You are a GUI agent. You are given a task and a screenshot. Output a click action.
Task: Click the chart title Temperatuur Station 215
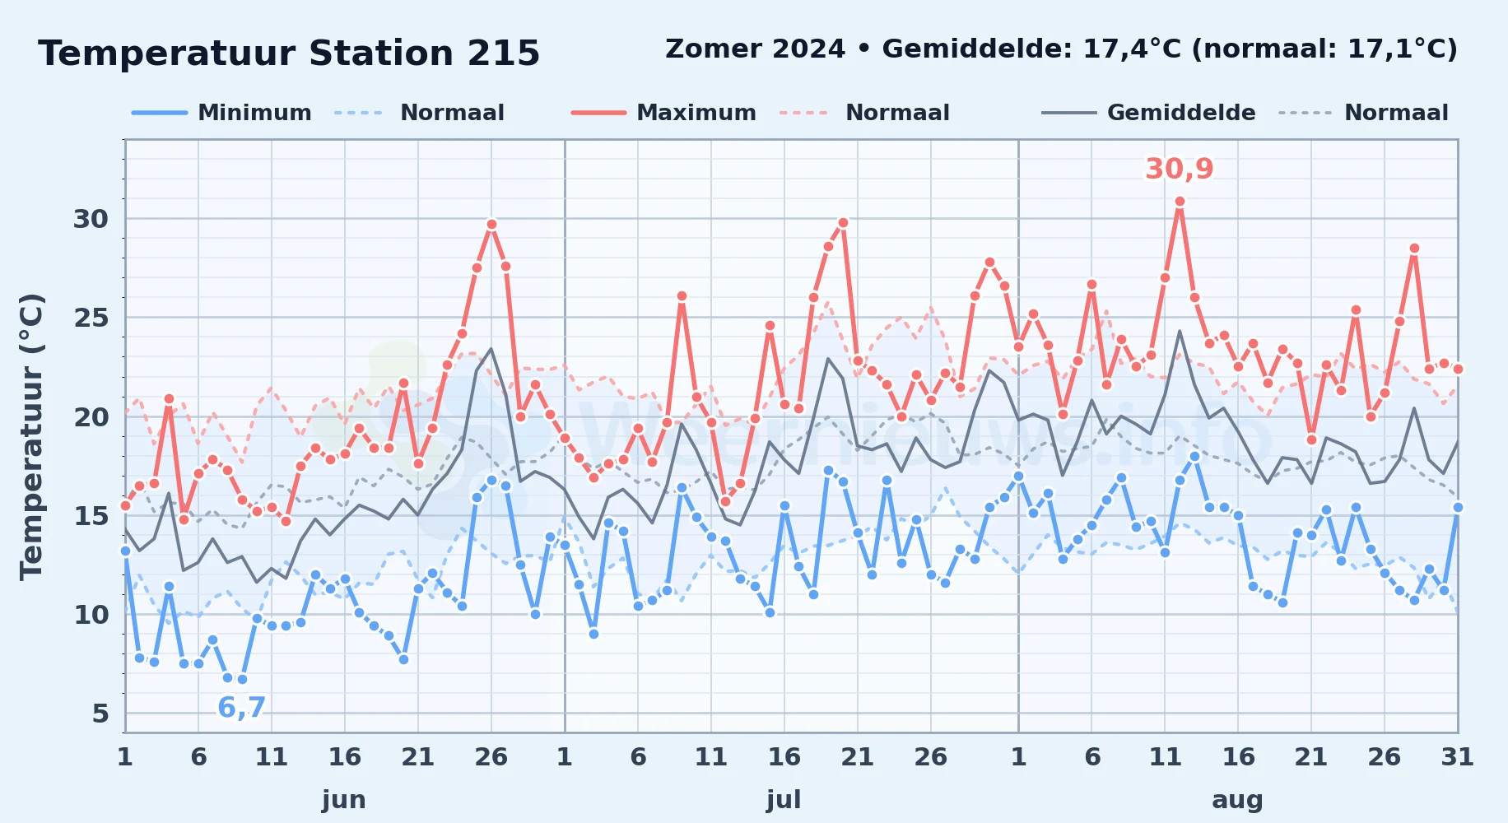tap(289, 53)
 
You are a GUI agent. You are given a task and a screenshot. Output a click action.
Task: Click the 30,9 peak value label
tap(1179, 169)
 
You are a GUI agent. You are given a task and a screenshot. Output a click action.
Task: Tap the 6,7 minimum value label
tap(241, 707)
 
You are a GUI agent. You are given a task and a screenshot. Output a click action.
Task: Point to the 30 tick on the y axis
tap(91, 219)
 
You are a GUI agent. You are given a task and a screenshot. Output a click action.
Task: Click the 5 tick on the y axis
tap(100, 714)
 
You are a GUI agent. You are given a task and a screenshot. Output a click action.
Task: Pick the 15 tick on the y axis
tap(91, 516)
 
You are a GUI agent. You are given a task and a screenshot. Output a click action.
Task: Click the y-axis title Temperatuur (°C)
tap(31, 436)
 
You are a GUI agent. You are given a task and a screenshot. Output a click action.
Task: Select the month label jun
tap(344, 799)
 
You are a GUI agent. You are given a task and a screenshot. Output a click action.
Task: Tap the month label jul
tap(784, 799)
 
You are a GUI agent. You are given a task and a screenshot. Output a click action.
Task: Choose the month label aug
tap(1237, 799)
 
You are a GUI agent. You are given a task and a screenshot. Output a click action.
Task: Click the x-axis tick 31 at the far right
tap(1457, 756)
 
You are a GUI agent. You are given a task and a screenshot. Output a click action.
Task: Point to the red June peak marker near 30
tap(491, 224)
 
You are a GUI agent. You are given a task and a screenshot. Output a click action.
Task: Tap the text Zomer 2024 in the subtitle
tap(755, 49)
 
